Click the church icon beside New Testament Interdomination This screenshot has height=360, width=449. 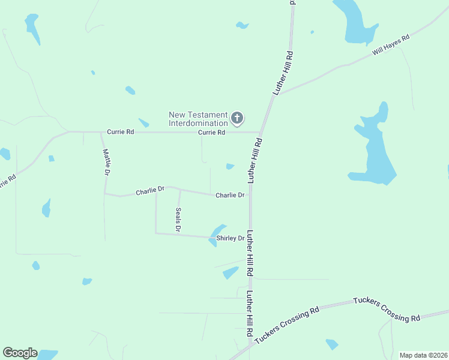click(237, 118)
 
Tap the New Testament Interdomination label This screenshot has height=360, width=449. click(198, 119)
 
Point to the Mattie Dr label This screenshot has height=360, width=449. click(107, 162)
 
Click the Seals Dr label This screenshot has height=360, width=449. click(178, 220)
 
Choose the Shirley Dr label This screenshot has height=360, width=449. click(231, 238)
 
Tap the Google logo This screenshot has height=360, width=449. click(20, 353)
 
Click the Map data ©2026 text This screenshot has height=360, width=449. click(423, 355)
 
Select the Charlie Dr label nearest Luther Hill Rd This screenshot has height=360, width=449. click(230, 195)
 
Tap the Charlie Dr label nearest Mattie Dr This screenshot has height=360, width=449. click(149, 191)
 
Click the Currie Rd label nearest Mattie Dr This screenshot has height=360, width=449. click(120, 131)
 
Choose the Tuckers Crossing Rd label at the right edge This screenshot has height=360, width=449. click(386, 309)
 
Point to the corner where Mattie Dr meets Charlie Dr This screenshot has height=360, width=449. click(105, 194)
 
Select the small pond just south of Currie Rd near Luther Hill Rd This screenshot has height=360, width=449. click(230, 166)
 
